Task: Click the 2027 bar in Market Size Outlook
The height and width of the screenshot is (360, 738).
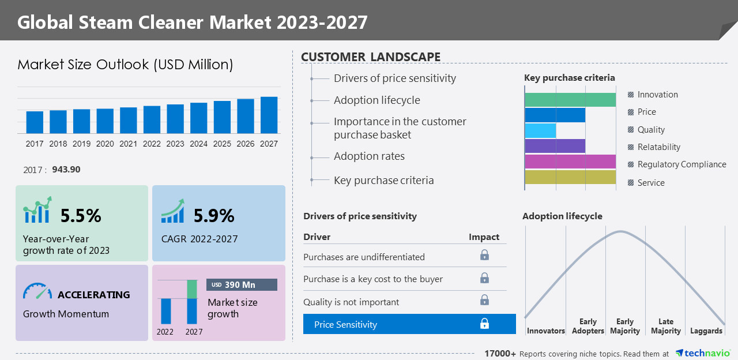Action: click(x=269, y=115)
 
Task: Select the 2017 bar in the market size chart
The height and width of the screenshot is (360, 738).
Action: click(x=35, y=122)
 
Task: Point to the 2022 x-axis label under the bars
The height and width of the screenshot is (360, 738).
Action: click(x=152, y=144)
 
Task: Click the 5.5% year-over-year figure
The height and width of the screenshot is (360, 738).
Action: click(x=81, y=216)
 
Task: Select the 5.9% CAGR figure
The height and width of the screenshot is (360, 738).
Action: click(x=214, y=216)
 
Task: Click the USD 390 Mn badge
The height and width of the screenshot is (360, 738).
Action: click(x=242, y=285)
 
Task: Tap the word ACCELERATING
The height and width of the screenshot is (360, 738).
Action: click(x=93, y=295)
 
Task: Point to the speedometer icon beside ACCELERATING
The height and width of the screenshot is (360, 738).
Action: click(x=37, y=291)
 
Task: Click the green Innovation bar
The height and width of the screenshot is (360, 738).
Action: click(x=570, y=100)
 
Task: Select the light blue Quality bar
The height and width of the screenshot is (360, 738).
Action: click(x=540, y=130)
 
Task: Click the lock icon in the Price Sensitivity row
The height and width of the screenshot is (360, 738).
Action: click(x=484, y=324)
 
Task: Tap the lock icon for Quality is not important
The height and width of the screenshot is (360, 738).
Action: click(x=484, y=300)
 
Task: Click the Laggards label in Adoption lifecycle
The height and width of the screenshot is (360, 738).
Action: click(x=706, y=331)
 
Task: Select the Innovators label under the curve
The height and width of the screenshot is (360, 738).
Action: click(x=545, y=331)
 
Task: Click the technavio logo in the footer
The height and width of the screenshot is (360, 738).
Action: click(x=703, y=353)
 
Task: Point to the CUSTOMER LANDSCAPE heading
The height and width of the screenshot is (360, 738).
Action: click(x=371, y=57)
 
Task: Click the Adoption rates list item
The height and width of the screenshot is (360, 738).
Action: click(x=369, y=156)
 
